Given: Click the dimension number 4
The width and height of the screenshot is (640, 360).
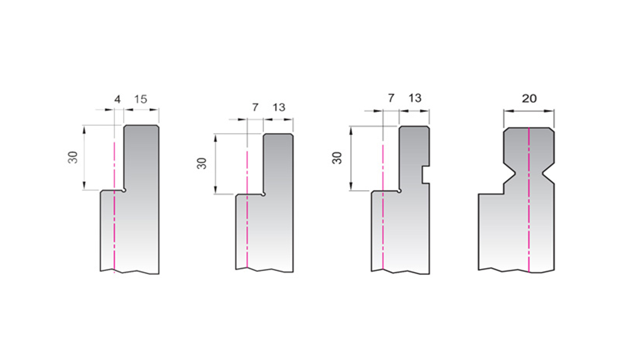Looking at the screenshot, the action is [117, 99].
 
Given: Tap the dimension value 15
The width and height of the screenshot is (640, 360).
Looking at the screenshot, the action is [141, 99].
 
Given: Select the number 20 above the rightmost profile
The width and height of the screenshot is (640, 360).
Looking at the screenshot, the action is [529, 98].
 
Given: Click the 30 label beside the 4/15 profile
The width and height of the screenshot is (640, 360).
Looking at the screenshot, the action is [73, 157].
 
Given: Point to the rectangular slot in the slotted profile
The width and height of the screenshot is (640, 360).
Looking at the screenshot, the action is [426, 174].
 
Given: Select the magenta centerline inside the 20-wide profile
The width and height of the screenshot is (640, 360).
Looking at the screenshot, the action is [529, 200].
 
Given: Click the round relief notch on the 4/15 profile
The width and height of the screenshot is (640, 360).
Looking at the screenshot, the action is [124, 190].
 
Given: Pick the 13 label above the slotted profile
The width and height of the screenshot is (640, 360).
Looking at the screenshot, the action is [415, 98].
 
